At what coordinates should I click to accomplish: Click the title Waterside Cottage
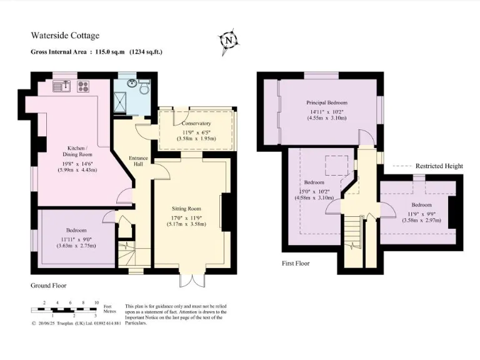65,36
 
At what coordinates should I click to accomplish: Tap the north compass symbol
230,40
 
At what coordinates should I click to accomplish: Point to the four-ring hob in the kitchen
83,87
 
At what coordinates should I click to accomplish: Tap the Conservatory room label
196,123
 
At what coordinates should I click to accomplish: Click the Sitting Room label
187,208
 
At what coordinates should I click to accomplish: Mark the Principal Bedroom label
326,102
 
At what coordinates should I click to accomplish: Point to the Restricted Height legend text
439,166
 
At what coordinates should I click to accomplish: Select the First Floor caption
296,263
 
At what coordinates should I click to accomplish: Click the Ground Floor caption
49,285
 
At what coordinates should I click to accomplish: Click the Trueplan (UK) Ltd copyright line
76,324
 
